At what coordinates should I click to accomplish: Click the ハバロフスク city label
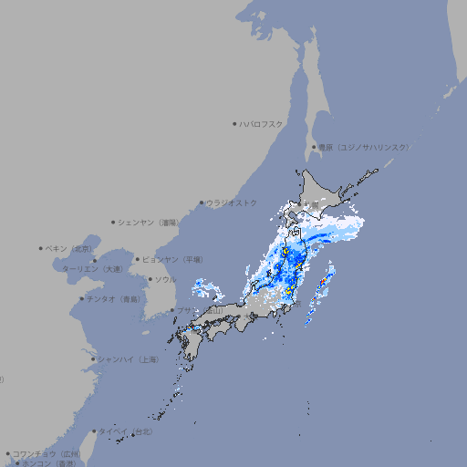tap(261, 123)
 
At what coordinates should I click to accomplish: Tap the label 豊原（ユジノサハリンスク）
tap(363, 147)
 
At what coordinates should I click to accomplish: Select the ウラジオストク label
tap(232, 202)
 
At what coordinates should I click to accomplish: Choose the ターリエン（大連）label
tap(92, 269)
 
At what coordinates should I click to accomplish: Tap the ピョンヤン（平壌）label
tap(173, 259)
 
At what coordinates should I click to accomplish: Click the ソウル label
tap(164, 279)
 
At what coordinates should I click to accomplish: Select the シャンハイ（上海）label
tap(128, 359)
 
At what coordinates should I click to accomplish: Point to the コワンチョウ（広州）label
tap(47, 453)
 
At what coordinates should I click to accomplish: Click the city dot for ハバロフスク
tap(234, 123)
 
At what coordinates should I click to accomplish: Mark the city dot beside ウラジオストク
tap(202, 202)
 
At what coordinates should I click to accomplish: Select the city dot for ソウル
tap(149, 279)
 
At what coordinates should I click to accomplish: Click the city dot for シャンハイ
tap(93, 359)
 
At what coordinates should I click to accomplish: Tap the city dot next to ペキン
tap(41, 248)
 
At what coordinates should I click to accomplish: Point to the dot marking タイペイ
tap(94, 431)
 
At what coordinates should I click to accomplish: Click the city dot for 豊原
tap(314, 147)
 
